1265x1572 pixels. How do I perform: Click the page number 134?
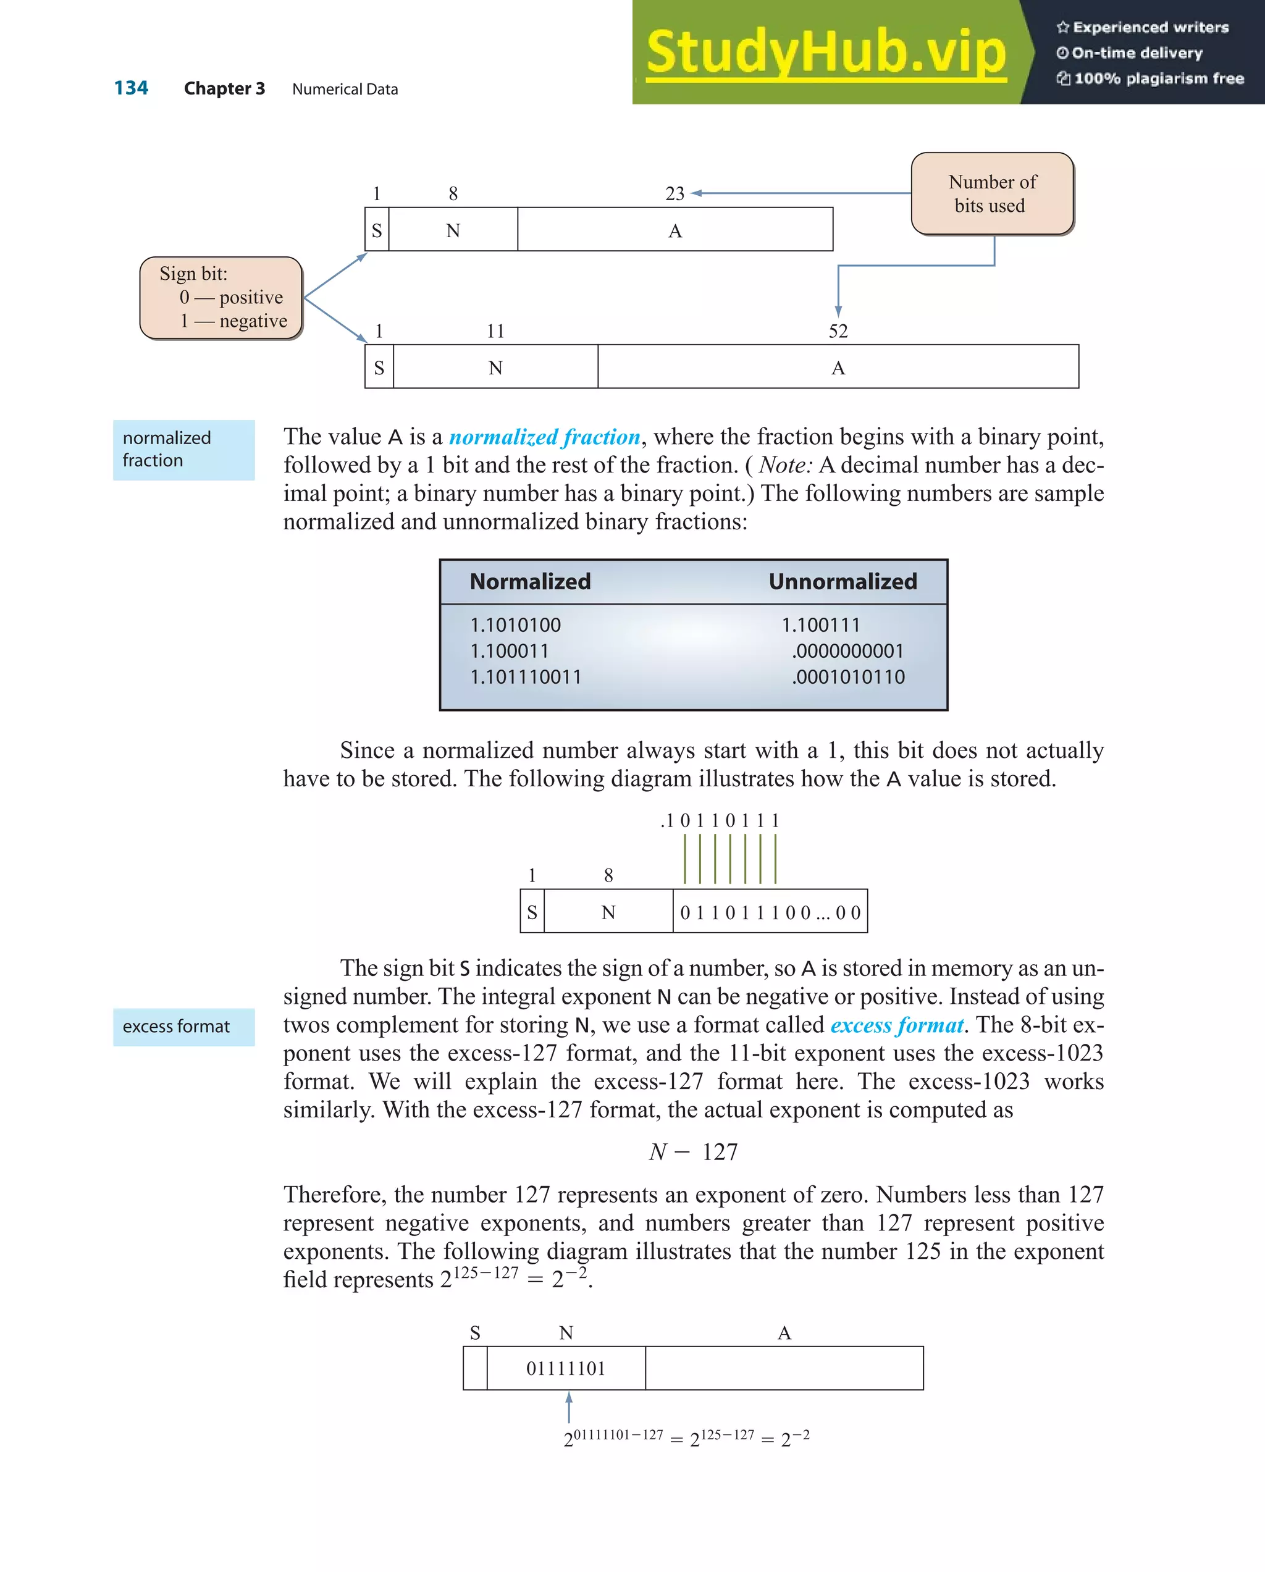[x=131, y=88]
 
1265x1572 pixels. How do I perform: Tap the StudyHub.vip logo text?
[x=826, y=52]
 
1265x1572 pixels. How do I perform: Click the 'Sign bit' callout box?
[x=221, y=298]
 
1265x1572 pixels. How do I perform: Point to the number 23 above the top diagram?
[x=675, y=193]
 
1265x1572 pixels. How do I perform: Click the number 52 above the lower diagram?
[x=838, y=331]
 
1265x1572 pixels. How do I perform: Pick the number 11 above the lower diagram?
[x=496, y=331]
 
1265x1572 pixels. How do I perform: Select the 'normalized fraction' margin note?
[x=183, y=449]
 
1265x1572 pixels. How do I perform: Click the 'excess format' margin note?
[x=183, y=1027]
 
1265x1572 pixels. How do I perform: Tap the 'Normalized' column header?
[x=530, y=582]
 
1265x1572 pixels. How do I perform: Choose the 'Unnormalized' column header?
[x=843, y=582]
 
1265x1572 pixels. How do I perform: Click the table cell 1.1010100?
[x=516, y=625]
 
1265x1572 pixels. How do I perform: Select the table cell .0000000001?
[x=847, y=651]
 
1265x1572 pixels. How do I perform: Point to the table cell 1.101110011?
[x=526, y=678]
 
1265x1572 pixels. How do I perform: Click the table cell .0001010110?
[x=848, y=678]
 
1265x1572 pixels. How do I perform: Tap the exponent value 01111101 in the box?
[x=566, y=1369]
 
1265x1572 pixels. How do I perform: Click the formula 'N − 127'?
[x=694, y=1152]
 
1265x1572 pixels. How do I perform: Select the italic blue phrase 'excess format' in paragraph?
[x=897, y=1025]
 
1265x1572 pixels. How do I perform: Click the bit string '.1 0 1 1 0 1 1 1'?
[x=720, y=821]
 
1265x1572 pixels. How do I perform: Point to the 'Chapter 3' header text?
[x=225, y=89]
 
